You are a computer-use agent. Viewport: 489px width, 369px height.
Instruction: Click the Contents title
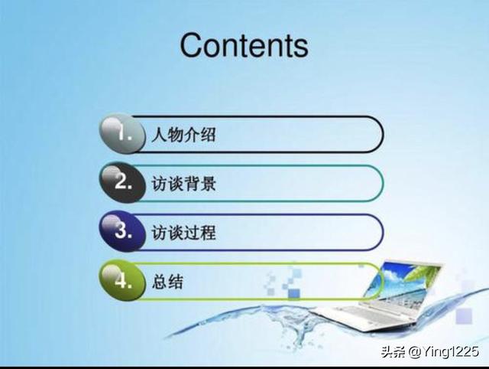coord(244,46)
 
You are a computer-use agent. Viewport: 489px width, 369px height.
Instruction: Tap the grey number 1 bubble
coord(122,133)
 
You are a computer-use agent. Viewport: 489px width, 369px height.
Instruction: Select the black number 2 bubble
coord(122,182)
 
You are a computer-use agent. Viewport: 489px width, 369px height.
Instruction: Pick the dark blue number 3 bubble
coord(122,231)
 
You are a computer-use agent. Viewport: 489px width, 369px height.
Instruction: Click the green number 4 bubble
coord(122,280)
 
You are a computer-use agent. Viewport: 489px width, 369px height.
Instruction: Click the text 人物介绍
coord(183,135)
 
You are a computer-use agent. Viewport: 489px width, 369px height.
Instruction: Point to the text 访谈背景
coord(183,184)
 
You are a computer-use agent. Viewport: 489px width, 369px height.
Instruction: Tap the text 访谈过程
coord(183,233)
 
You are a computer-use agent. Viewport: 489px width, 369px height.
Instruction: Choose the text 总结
coord(167,282)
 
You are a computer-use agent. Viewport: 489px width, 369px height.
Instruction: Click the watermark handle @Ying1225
coord(443,351)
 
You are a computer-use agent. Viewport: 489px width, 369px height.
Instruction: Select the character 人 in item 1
coord(160,135)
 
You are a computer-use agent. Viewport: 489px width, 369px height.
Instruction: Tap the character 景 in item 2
coord(208,184)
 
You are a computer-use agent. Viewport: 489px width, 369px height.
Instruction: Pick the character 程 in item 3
coord(208,233)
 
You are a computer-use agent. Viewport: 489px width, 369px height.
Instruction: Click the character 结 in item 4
coord(176,282)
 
